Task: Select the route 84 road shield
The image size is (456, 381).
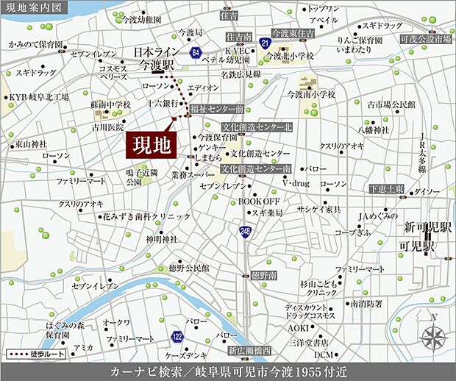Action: (194, 53)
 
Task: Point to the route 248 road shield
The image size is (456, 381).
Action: (243, 232)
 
